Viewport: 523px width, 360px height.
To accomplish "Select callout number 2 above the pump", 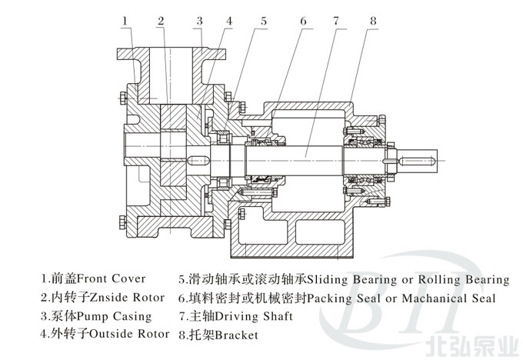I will click(162, 21).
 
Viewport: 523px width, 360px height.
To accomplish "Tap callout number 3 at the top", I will click(199, 21).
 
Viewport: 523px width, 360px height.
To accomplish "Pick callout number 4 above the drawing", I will click(228, 21).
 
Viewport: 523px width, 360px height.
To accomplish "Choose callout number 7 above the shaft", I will click(335, 21).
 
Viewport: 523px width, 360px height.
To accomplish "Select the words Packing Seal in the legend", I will click(344, 297).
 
